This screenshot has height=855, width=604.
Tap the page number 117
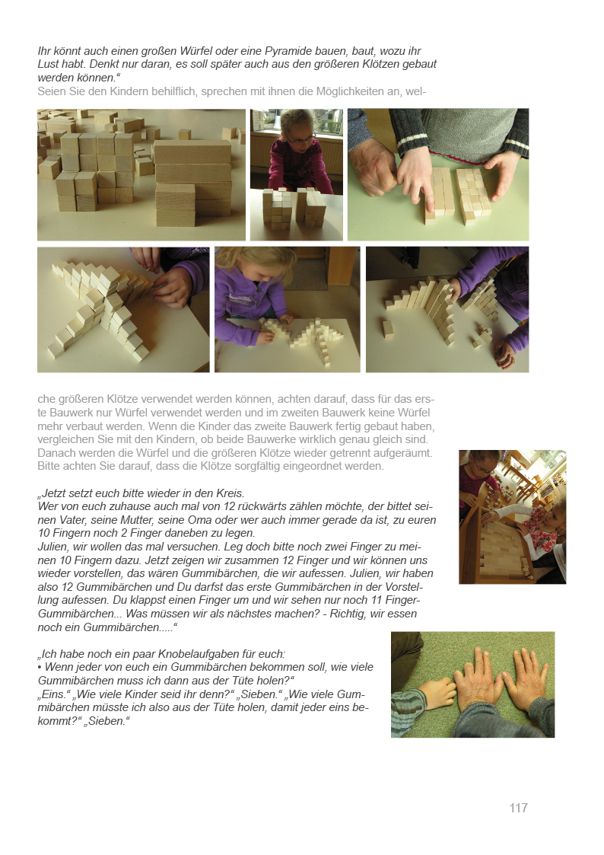pyautogui.click(x=519, y=808)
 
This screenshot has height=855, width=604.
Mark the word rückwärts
pyautogui.click(x=261, y=506)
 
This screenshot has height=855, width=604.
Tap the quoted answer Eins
pyautogui.click(x=54, y=694)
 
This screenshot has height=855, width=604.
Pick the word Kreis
pyautogui.click(x=230, y=493)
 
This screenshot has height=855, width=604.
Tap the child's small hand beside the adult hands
pyautogui.click(x=436, y=692)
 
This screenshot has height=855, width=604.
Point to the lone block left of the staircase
pyautogui.click(x=388, y=330)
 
